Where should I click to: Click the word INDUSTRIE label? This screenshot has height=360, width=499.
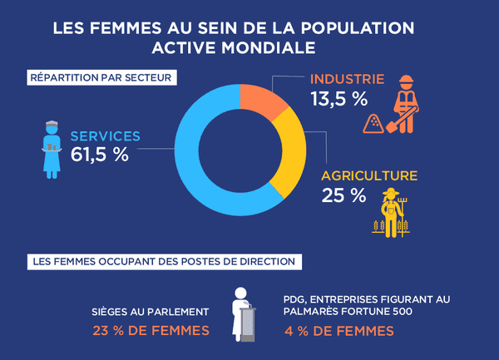347,80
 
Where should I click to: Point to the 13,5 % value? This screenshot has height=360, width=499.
338,100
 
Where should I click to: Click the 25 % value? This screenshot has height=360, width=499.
343,197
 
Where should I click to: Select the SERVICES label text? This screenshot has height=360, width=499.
105,136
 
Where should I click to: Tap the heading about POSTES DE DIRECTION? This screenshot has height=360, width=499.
163,261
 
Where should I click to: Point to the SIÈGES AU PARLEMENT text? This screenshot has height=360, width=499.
150,313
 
